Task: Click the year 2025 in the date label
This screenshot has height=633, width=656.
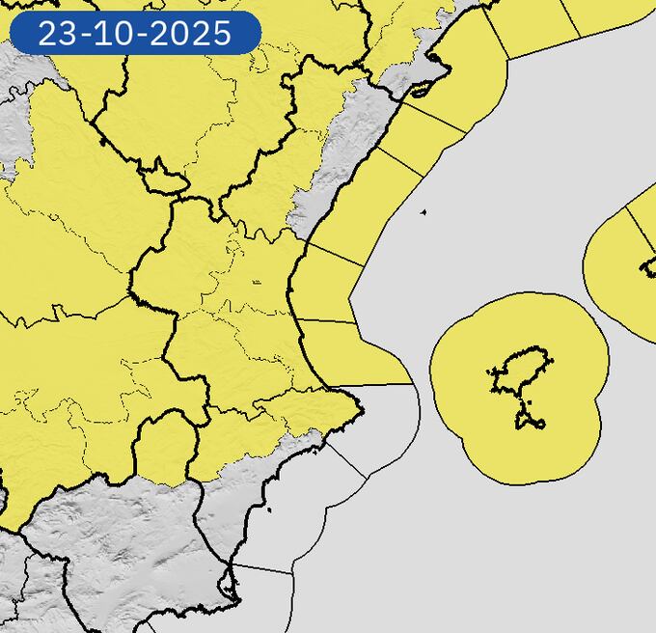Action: pos(197,34)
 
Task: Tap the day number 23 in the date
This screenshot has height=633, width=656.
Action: pos(56,34)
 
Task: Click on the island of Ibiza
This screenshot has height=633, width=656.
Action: pos(522,372)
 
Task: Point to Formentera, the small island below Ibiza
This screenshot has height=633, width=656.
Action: pos(530,421)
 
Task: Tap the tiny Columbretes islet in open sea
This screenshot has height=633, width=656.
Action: pos(423,212)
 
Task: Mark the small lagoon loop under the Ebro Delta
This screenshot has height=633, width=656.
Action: pos(421,93)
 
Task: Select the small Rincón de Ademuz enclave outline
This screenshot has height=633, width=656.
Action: pos(162,180)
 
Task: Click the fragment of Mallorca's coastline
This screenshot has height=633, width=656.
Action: pos(648,266)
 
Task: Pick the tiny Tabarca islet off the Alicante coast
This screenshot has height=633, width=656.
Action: pos(269,509)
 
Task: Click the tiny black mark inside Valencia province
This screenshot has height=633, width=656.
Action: pos(256,282)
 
